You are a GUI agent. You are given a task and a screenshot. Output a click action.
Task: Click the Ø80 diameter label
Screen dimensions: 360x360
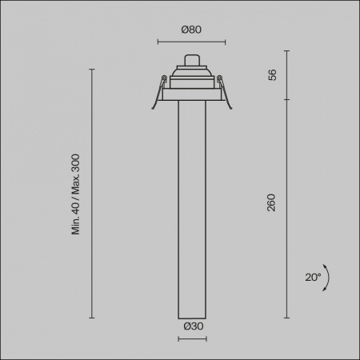(x=191, y=30)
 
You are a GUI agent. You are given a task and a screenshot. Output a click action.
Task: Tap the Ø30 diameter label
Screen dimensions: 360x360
(x=194, y=326)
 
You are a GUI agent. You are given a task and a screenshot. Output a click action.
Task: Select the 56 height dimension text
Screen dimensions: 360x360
(x=272, y=75)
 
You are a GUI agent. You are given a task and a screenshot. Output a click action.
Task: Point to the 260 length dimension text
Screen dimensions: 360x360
(x=271, y=202)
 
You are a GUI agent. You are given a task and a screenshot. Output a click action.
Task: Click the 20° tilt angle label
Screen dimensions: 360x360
(x=313, y=278)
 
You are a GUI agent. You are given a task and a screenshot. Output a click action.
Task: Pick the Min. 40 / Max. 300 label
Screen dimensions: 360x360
(x=76, y=194)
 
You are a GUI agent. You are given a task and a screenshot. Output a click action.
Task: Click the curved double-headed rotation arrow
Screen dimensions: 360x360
(x=328, y=278)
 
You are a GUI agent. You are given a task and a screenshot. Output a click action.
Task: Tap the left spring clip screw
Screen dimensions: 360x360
(x=164, y=78)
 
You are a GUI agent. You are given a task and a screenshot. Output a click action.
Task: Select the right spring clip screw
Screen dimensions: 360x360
(x=219, y=78)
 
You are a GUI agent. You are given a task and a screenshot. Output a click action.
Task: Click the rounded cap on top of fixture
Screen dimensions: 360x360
(x=192, y=60)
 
